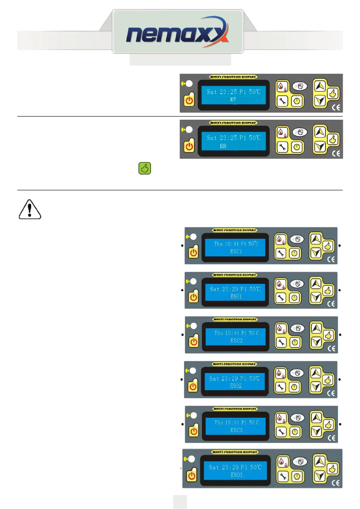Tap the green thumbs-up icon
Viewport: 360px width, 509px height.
[145, 168]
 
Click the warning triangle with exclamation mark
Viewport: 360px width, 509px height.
[30, 209]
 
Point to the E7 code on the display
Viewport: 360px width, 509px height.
[233, 99]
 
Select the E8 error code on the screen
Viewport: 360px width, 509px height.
[223, 146]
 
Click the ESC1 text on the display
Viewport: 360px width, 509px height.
[236, 251]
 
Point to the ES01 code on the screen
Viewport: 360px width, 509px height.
[236, 297]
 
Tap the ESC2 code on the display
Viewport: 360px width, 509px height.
[237, 341]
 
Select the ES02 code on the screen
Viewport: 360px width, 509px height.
[236, 386]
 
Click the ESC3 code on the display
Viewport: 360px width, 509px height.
[237, 430]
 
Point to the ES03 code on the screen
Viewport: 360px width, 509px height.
[236, 475]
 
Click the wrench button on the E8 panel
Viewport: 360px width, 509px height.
[282, 147]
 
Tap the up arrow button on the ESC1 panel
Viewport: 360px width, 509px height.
[316, 239]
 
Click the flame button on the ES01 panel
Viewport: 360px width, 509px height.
[281, 284]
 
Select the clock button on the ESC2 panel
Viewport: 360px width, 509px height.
[295, 342]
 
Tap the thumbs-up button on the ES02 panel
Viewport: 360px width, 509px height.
[328, 380]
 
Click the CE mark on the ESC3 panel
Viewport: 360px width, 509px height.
[332, 438]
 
